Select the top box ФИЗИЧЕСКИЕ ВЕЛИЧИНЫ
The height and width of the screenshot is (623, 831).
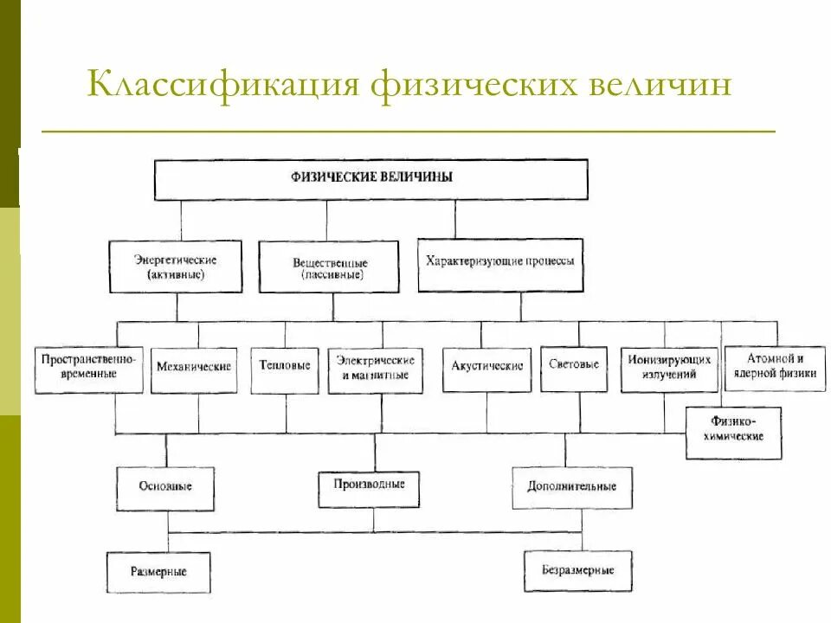click(370, 179)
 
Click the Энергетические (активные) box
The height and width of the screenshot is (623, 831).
click(176, 267)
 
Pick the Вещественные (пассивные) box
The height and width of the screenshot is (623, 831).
click(328, 267)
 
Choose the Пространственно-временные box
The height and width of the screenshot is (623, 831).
click(89, 369)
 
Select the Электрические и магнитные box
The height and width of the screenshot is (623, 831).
click(376, 369)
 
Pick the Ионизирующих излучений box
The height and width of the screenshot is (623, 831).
click(670, 369)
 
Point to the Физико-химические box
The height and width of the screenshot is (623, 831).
click(735, 432)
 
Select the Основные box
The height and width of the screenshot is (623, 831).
click(165, 487)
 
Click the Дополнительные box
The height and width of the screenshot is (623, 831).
click(572, 487)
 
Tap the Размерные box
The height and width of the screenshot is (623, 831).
click(158, 571)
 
